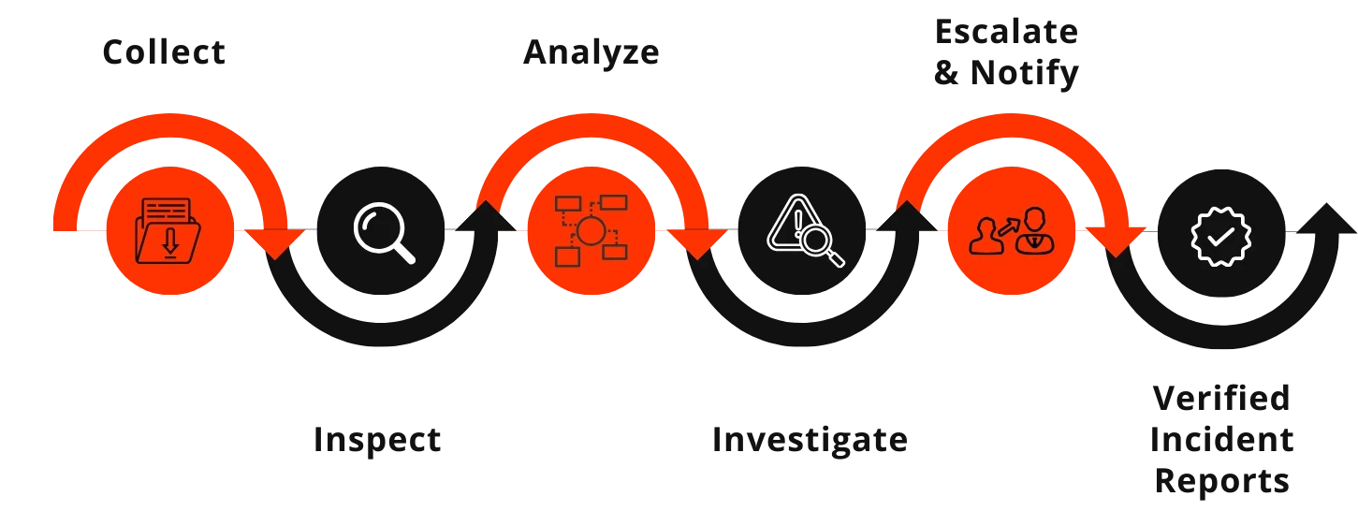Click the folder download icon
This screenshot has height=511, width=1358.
click(x=168, y=230)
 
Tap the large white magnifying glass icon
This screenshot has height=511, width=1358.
click(x=383, y=231)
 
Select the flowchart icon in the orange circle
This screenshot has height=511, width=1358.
click(x=589, y=230)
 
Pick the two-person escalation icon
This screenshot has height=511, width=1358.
click(x=1011, y=231)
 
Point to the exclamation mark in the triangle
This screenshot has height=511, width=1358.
click(x=796, y=222)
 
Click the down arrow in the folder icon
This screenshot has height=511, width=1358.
click(x=169, y=241)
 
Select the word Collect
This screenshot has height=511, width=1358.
click(x=165, y=52)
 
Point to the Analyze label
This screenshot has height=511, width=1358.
click(x=589, y=53)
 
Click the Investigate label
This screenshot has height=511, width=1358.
click(x=809, y=440)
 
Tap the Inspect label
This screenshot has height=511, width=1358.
click(x=377, y=441)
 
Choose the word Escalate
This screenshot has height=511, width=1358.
click(x=1007, y=31)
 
